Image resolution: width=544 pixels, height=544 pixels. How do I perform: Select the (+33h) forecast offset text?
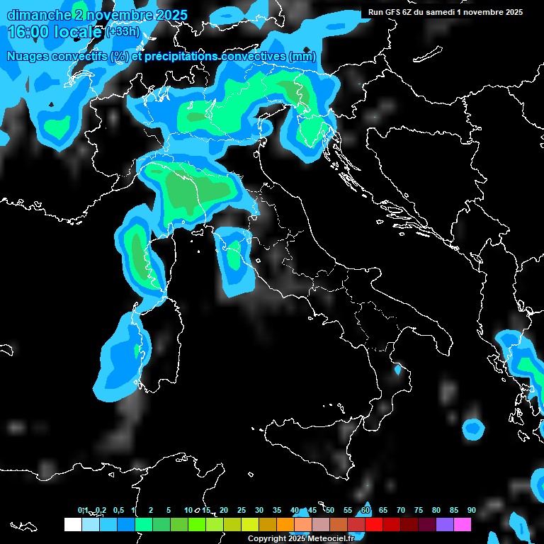click(122, 33)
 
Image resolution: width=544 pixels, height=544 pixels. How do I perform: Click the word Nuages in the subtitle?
click(28, 57)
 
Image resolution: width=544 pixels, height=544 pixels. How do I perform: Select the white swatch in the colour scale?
click(72, 524)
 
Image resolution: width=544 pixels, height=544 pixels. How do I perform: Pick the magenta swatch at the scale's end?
click(462, 524)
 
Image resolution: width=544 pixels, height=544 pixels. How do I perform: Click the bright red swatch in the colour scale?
click(373, 524)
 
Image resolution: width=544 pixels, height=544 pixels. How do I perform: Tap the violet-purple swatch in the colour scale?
click(444, 524)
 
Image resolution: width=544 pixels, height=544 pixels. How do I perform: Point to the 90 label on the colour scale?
click(471, 510)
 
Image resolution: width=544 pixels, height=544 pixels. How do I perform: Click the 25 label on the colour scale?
click(241, 510)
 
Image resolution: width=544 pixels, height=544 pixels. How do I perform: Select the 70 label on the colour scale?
click(400, 510)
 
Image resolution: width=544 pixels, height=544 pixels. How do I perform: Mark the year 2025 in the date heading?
click(171, 15)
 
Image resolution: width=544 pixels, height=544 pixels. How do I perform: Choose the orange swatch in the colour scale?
click(285, 524)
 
